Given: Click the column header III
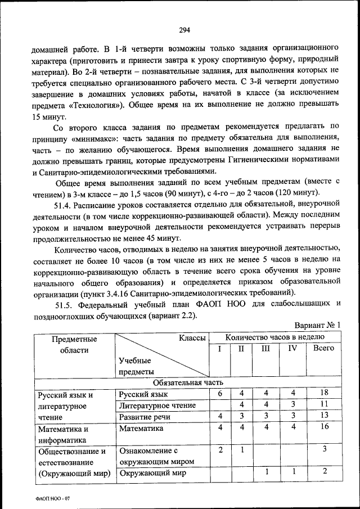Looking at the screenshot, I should coord(266,348).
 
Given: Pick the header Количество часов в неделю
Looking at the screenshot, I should coord(275,337).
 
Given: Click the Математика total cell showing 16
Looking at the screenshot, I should coord(325,427).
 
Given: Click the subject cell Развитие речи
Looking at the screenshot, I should coord(145,417).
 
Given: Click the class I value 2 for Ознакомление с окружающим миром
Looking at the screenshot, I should coord(220,450).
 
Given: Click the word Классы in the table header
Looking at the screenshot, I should coord(192,337).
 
